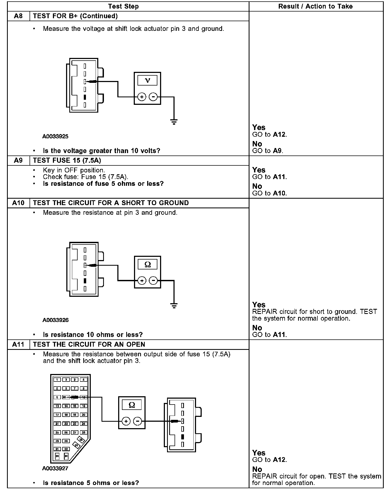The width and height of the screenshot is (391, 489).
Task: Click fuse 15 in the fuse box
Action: pos(75,406)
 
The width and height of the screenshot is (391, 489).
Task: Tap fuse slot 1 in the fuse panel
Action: pos(57,380)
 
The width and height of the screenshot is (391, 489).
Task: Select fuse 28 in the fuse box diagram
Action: pos(84,432)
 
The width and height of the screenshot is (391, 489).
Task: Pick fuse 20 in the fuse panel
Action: pos(84,415)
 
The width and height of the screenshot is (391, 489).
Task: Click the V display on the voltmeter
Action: pos(147,80)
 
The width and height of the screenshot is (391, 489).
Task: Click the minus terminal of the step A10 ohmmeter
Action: pos(153,281)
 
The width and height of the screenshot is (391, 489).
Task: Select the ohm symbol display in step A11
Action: pos(132,405)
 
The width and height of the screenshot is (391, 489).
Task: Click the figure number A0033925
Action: pos(55,136)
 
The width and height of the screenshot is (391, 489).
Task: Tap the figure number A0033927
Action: pos(55,468)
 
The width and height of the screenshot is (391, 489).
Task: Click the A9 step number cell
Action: pos(18,160)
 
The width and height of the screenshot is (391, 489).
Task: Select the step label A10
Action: pos(18,203)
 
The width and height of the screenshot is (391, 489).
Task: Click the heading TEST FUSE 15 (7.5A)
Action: pos(67,160)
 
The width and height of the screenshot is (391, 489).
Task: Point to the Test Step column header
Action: pos(123,6)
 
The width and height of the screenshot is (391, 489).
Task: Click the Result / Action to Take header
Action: pos(315,6)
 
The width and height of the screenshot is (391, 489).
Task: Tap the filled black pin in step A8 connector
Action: pos(85,97)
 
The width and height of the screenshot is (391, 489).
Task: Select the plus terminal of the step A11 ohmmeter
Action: pos(126,421)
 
